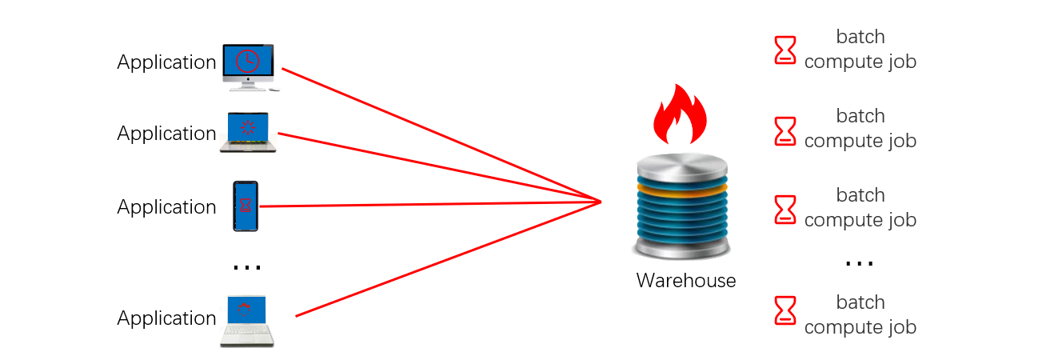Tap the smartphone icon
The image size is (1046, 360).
(246, 206)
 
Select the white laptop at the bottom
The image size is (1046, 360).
(246, 321)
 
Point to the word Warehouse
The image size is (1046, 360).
(685, 281)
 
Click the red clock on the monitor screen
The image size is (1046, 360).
(248, 61)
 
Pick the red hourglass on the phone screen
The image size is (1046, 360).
(246, 205)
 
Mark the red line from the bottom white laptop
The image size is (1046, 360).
(448, 258)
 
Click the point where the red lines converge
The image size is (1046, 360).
(600, 201)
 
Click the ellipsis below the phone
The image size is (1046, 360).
(246, 266)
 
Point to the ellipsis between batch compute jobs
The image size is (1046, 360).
(860, 262)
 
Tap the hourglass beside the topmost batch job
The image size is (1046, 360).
(786, 50)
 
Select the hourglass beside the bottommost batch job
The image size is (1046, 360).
(786, 310)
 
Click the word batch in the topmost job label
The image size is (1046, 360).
(860, 37)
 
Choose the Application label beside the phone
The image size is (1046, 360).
(166, 207)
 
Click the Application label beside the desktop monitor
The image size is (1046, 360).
(166, 62)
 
